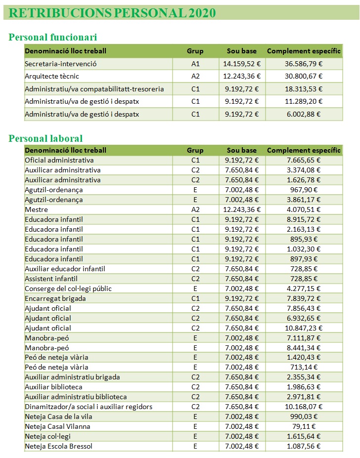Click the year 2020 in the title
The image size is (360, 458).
(202, 13)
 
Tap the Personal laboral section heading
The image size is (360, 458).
(45, 138)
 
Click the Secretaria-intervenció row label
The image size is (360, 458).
(61, 64)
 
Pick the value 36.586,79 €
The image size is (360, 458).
(304, 64)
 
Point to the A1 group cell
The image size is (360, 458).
(195, 64)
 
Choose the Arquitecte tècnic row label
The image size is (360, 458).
(52, 76)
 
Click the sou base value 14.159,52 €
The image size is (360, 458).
(242, 64)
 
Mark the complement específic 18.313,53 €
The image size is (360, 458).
(304, 89)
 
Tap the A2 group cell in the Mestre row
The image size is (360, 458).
(195, 209)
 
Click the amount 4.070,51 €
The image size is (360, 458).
(304, 209)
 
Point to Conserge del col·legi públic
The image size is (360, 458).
(68, 289)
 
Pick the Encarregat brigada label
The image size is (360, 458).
(55, 298)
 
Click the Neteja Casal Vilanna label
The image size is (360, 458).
(57, 426)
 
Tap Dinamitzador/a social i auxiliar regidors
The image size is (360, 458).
(89, 407)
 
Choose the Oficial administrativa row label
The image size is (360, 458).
(59, 160)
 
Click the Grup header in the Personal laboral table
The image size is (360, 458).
(195, 150)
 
